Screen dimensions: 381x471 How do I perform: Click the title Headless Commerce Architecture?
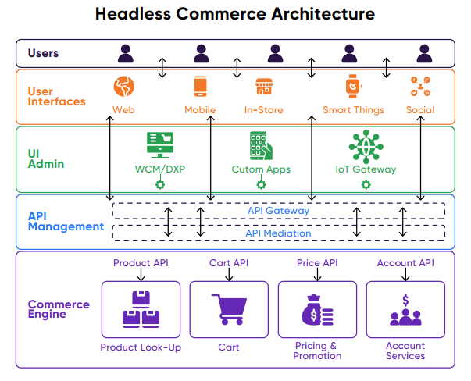235,14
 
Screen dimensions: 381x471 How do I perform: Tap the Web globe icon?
123,87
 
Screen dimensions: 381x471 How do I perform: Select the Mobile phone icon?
200,87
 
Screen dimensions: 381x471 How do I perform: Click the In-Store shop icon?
263,87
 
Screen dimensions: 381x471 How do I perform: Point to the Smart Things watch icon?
352,86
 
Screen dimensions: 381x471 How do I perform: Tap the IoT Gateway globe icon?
365,146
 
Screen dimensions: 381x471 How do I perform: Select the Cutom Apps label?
261,169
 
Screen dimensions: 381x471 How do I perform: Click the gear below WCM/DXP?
160,185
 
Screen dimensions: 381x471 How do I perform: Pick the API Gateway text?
278,211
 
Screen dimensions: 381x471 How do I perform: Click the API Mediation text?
278,233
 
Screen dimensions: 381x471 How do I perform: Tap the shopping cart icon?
229,308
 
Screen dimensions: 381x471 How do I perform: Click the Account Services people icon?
405,310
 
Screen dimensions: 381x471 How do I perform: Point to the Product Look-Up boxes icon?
141,309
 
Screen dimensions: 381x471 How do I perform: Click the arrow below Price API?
317,274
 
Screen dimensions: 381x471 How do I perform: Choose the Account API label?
405,263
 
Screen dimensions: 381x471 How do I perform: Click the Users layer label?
43,54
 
